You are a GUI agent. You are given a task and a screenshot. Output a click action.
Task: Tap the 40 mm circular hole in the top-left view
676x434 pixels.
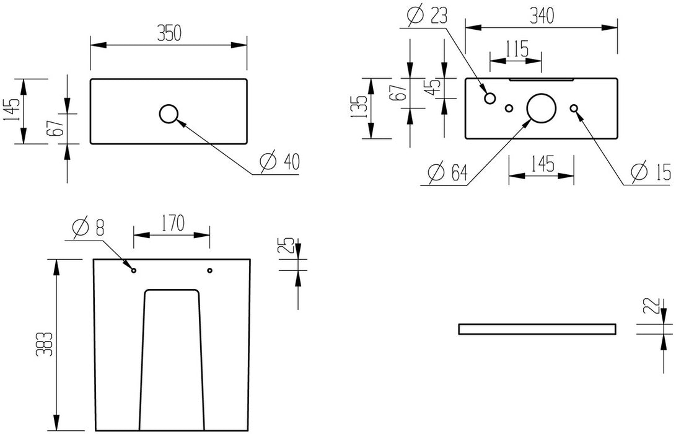pyautogui.click(x=169, y=113)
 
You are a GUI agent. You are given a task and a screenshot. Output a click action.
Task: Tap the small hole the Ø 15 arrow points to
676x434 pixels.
pyautogui.click(x=574, y=108)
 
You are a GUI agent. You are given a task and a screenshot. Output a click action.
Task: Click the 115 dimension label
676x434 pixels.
pyautogui.click(x=516, y=48)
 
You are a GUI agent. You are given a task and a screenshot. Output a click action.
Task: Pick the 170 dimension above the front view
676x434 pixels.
pyautogui.click(x=172, y=223)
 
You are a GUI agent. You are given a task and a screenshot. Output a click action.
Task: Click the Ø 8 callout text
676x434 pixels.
pyautogui.click(x=87, y=228)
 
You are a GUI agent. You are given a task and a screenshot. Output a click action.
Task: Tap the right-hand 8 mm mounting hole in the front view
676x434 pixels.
pyautogui.click(x=209, y=270)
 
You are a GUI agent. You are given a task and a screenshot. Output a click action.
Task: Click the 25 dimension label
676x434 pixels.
pyautogui.click(x=287, y=249)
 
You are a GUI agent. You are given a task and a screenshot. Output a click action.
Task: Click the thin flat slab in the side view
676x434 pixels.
pyautogui.click(x=537, y=329)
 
